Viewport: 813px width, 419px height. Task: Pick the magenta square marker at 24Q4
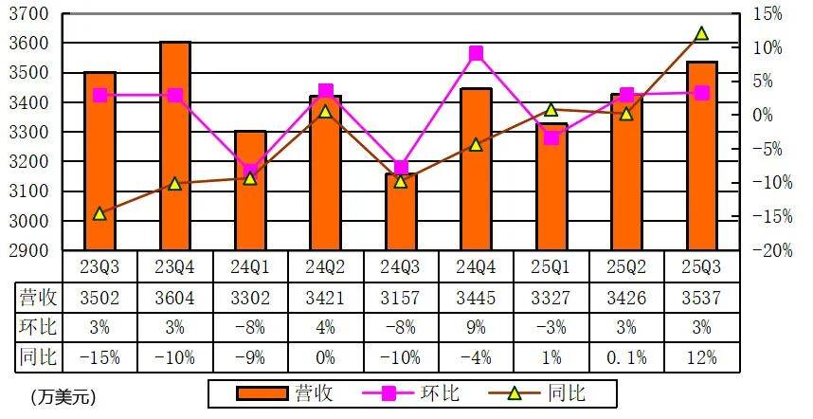pyautogui.click(x=476, y=53)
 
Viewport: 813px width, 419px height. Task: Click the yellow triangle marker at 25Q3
pyautogui.click(x=701, y=34)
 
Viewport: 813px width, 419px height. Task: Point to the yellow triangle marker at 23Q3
pyautogui.click(x=99, y=214)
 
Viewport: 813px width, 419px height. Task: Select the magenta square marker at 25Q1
pyautogui.click(x=551, y=137)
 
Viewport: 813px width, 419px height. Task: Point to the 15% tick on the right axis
pyautogui.click(x=768, y=14)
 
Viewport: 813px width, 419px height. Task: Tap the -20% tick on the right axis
pyautogui.click(x=764, y=250)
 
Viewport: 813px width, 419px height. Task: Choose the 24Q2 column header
pyautogui.click(x=325, y=266)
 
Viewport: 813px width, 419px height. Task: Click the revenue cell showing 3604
pyautogui.click(x=175, y=298)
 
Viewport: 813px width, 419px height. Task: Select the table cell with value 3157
pyautogui.click(x=401, y=298)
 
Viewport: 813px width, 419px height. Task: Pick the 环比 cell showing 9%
pyautogui.click(x=476, y=328)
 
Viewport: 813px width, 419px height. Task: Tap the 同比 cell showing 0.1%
pyautogui.click(x=626, y=358)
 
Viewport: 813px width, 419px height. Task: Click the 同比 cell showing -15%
pyautogui.click(x=99, y=358)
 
